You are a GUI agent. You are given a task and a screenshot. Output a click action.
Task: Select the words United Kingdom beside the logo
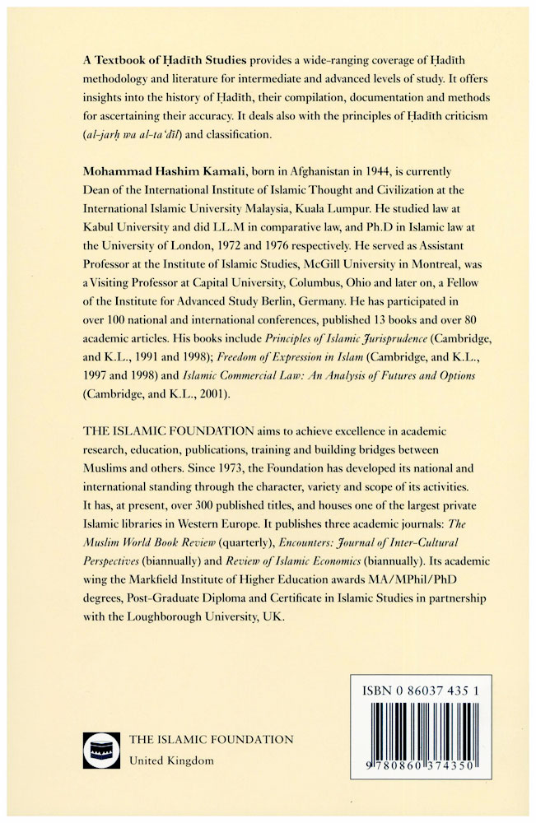(x=172, y=760)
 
